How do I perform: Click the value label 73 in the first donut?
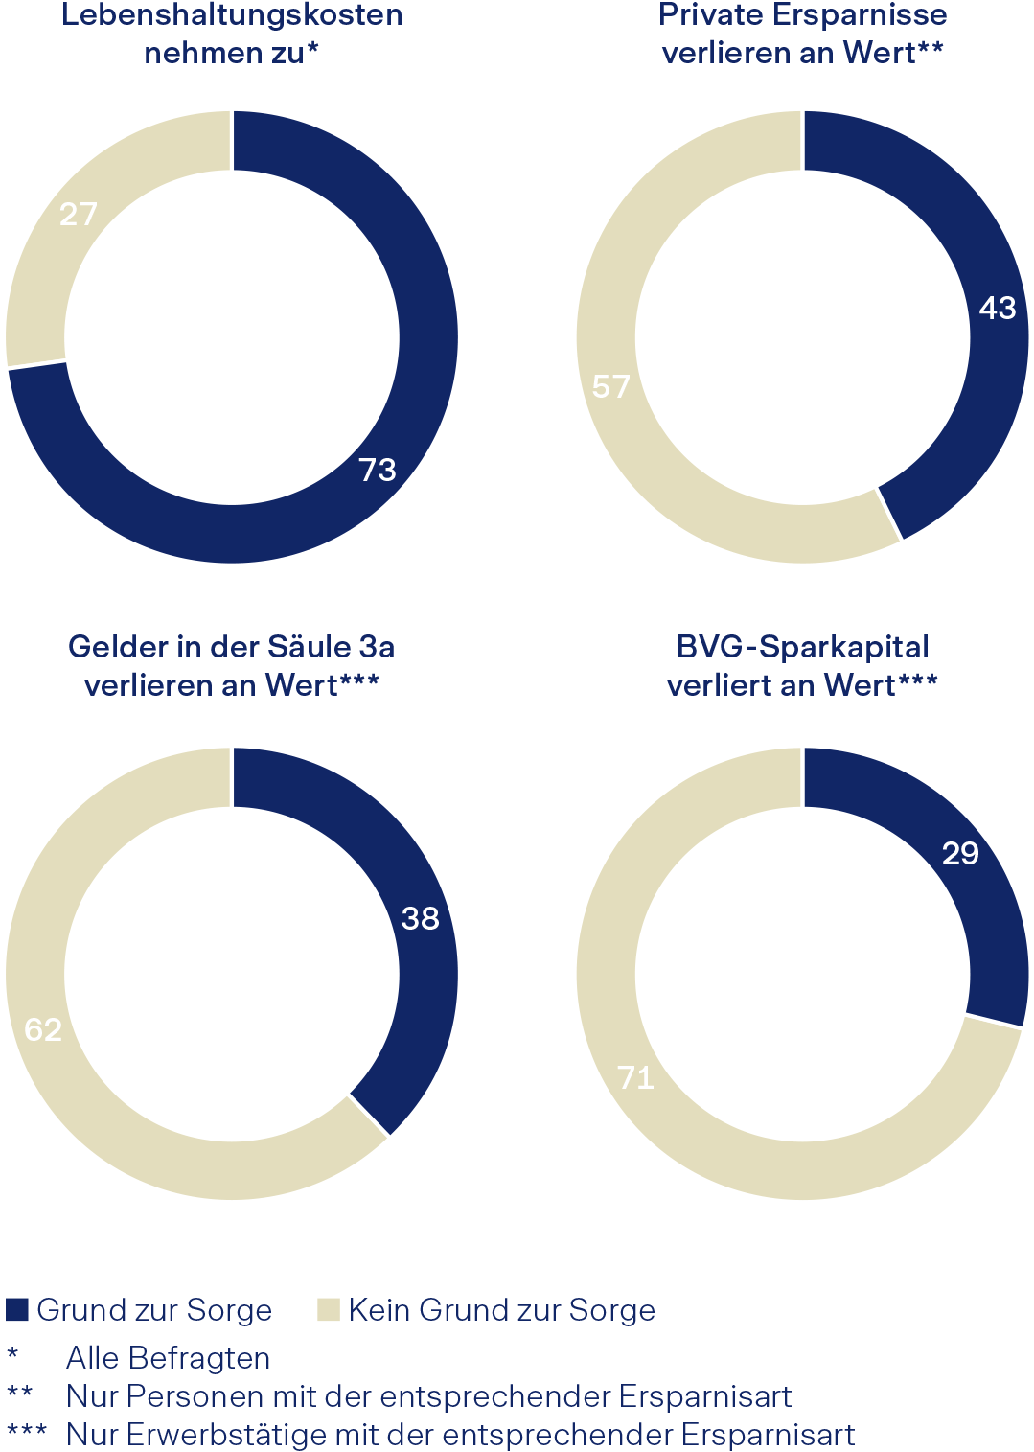378,470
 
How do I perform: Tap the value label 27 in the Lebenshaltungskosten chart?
79,214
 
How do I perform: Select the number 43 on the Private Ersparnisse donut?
997,308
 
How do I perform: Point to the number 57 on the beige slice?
610,386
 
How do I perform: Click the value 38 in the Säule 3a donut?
420,918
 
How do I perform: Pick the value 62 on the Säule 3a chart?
43,1029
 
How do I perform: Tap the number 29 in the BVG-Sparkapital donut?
960,853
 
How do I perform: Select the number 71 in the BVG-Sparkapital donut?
635,1077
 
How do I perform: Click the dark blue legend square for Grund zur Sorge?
17,1309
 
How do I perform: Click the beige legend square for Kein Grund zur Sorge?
329,1309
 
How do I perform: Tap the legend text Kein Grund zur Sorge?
501,1310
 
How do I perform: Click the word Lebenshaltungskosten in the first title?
232,15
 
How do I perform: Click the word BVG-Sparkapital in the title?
802,647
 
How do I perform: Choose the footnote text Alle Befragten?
168,1358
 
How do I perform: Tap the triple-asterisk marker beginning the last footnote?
26,1432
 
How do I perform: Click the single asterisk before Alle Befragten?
12,1354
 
